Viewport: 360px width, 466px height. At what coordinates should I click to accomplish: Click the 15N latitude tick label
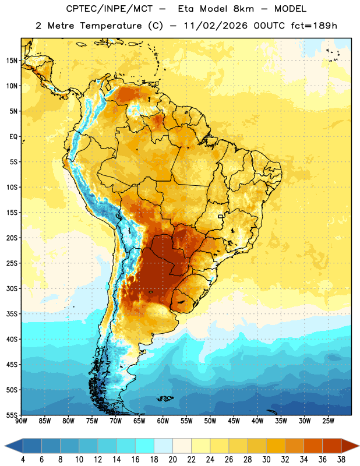tap(12, 61)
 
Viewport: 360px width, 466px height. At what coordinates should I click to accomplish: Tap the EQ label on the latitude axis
tap(13, 137)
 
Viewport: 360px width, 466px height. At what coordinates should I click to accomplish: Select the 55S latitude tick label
tap(12, 415)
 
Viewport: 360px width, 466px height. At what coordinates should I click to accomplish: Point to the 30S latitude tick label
tap(12, 288)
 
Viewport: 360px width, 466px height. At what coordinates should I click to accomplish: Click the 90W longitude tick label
tap(22, 421)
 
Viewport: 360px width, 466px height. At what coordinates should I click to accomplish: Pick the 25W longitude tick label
tap(328, 421)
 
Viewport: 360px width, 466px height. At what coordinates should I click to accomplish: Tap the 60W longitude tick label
tap(163, 421)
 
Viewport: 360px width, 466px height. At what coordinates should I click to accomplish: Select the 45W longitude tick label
tap(234, 421)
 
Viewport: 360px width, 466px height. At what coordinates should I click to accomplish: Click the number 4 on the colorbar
tap(23, 460)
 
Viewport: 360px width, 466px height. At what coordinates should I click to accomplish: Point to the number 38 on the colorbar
tap(341, 460)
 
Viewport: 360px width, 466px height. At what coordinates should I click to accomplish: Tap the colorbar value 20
tap(172, 460)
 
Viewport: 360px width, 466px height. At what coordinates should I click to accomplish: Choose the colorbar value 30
tap(266, 460)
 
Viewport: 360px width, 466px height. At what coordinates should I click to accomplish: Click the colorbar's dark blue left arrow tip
tap(5, 446)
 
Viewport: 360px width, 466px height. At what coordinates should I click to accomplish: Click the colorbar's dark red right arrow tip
tap(359, 446)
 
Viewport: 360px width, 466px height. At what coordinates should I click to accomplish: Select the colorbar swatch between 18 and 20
tap(163, 446)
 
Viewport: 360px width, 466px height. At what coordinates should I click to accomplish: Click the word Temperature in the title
tap(111, 26)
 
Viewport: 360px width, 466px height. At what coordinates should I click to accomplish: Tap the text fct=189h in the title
tap(314, 26)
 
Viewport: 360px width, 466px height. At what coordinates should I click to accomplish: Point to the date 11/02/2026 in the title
tap(216, 26)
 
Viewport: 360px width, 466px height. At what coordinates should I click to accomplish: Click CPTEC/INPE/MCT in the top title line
tap(109, 9)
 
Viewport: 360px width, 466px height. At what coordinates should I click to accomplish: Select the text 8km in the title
tap(243, 9)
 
